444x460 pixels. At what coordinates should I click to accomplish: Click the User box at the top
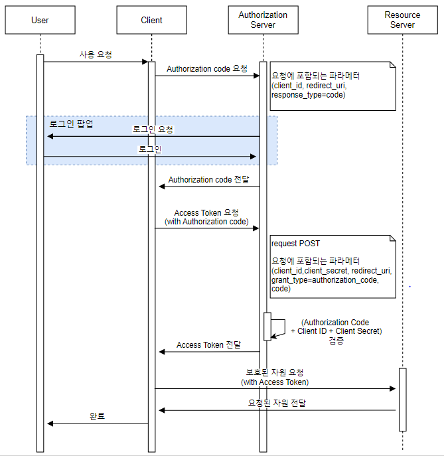point(40,20)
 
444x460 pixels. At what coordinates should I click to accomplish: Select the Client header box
point(151,20)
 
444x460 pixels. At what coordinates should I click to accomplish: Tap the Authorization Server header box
point(263,20)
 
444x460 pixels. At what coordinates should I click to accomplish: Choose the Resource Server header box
point(402,20)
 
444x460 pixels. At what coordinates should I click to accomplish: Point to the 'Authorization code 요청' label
point(207,68)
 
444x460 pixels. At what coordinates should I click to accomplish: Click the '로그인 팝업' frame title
point(72,124)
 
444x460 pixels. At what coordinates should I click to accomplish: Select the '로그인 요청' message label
point(153,129)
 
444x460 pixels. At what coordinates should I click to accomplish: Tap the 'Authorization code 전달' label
point(208,179)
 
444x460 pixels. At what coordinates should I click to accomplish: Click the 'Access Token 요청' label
point(206,213)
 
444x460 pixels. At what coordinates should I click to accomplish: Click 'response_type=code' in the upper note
point(308,96)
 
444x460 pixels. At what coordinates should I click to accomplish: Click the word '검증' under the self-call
point(336,341)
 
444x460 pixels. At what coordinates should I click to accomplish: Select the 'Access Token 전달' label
point(208,345)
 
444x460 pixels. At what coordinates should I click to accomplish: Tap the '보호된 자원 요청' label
point(275,372)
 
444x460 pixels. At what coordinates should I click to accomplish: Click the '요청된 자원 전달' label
point(277,403)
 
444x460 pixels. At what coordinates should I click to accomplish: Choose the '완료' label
point(98,416)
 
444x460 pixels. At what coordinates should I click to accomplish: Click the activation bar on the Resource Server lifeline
point(402,399)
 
